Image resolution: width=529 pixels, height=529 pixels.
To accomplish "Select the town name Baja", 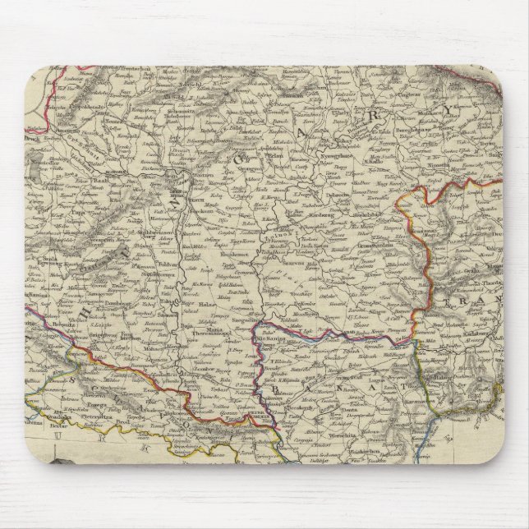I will (199, 310).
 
